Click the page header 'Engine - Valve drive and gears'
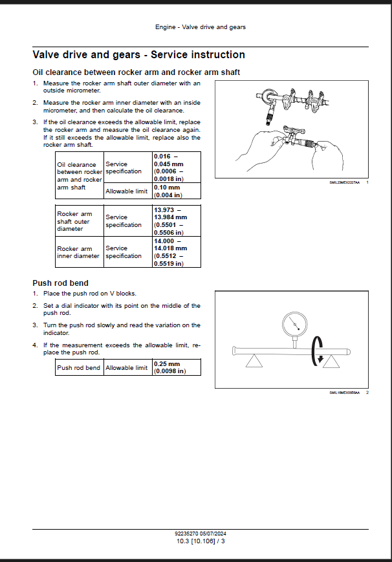tap(200, 27)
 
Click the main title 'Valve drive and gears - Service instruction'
tap(138, 55)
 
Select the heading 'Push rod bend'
tap(60, 283)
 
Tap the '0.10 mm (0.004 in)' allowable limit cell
tap(177, 191)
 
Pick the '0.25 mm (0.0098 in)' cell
tap(177, 367)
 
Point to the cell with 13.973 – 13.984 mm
tap(177, 221)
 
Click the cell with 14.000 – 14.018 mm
tap(177, 252)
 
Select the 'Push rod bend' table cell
tap(79, 368)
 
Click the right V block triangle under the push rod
tap(332, 361)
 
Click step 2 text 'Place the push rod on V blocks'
tap(90, 294)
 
